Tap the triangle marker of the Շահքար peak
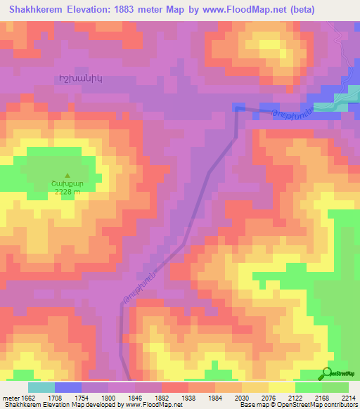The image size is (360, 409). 67,176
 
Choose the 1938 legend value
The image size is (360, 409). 189,397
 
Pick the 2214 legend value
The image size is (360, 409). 349,397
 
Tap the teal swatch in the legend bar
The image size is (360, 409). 41,387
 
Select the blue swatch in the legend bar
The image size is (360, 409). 67,387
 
